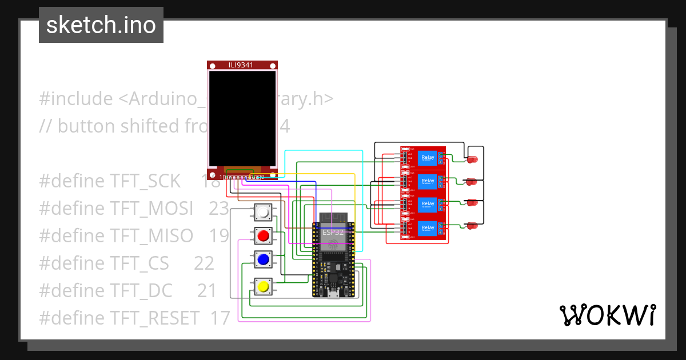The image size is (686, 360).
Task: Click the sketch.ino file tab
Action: coord(101,25)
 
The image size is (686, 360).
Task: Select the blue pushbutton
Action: coord(263,260)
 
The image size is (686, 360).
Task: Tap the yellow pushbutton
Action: coord(263,286)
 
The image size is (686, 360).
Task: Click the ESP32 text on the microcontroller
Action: coord(333,233)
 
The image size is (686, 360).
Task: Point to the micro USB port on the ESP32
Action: coord(333,294)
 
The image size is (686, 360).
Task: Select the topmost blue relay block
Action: coord(427,157)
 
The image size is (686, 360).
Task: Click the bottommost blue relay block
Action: coord(427,227)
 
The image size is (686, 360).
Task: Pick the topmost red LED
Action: coord(472,160)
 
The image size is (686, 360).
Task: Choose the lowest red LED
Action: coord(472,226)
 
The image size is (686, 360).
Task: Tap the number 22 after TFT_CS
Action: coord(204,263)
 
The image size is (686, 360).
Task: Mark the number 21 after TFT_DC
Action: coord(207,291)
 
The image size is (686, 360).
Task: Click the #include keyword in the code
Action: coord(76,99)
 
